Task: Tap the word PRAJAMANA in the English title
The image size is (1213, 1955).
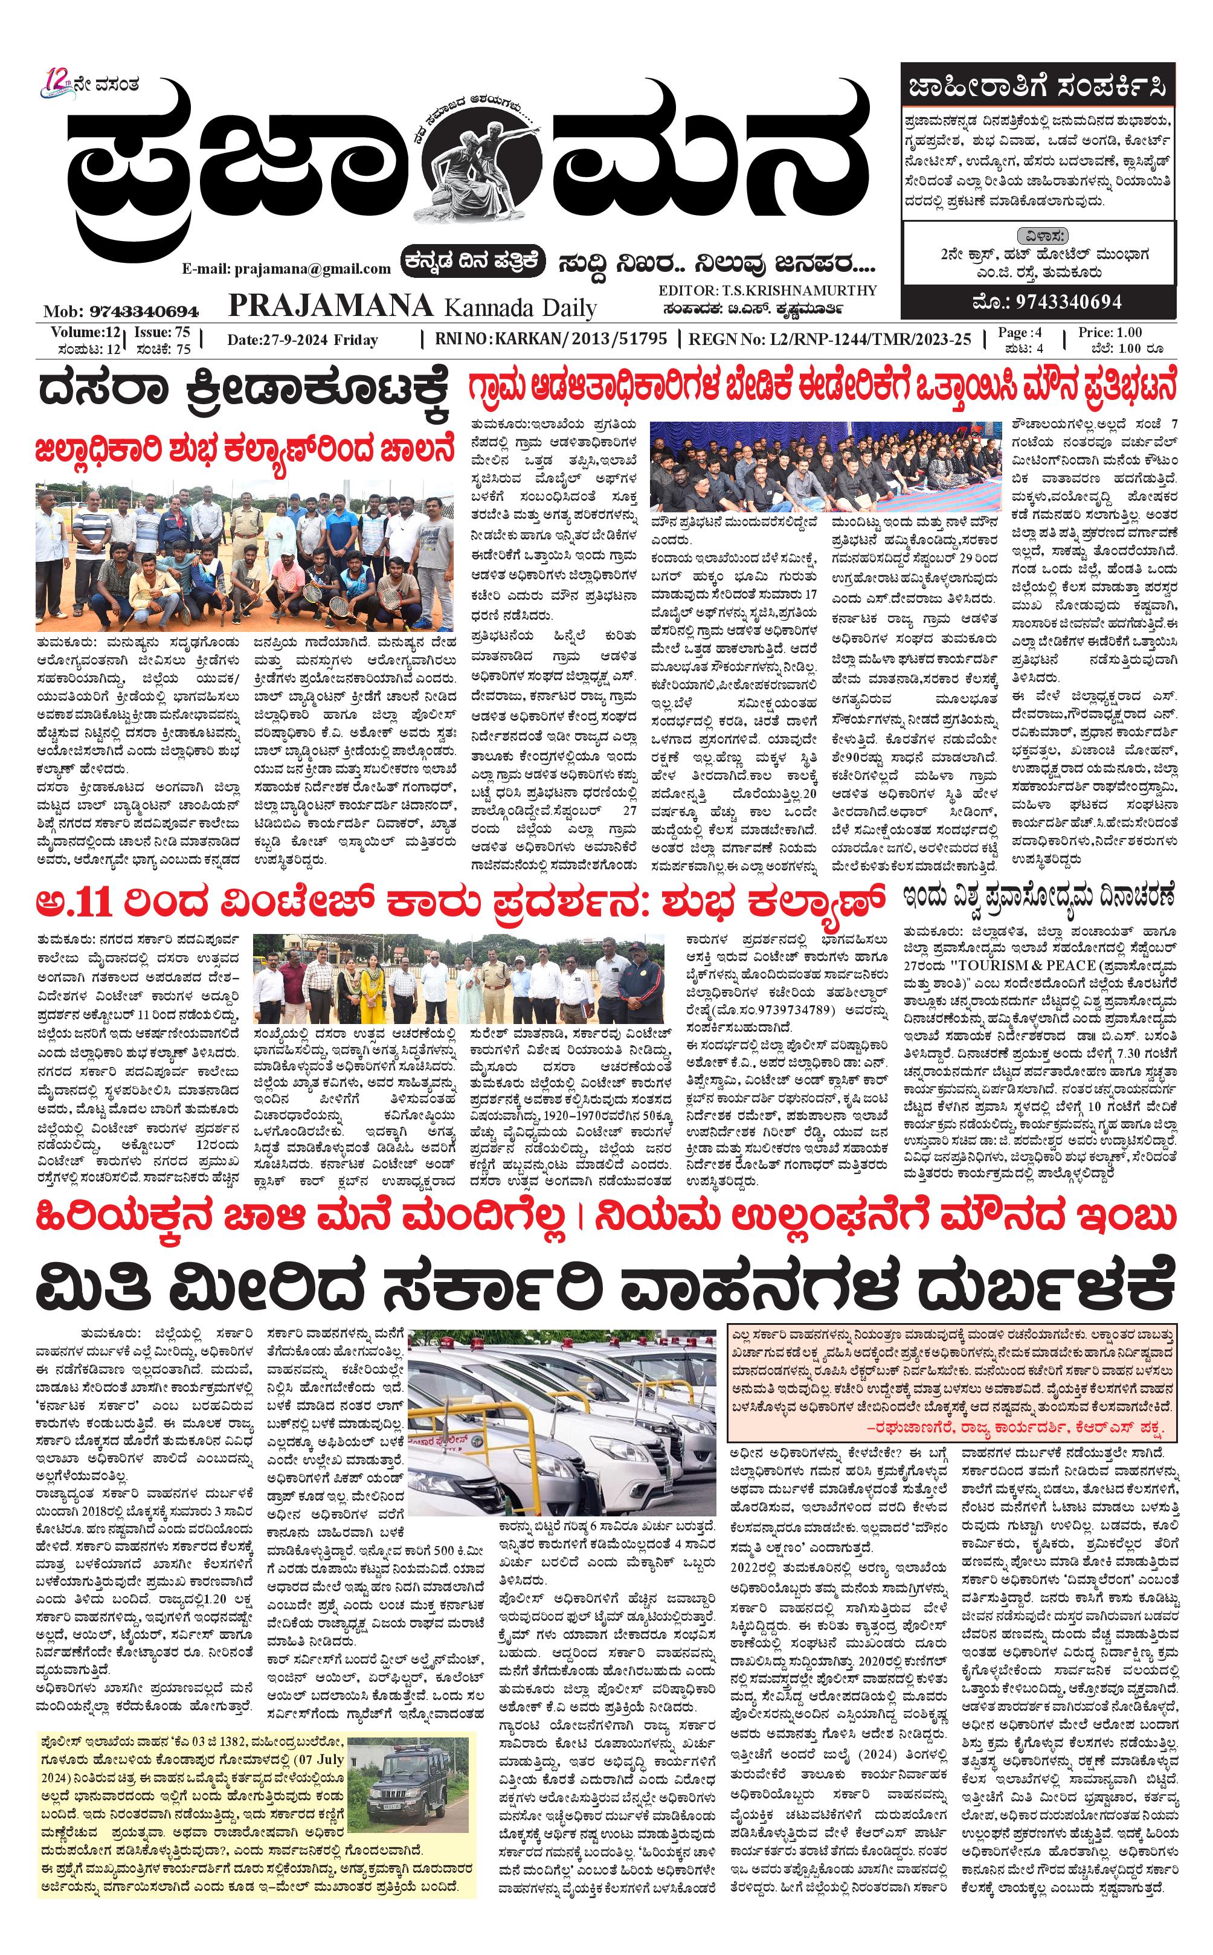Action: tap(330, 306)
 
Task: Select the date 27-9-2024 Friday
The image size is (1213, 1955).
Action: tap(303, 340)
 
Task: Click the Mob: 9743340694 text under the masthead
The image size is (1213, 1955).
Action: tap(121, 311)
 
